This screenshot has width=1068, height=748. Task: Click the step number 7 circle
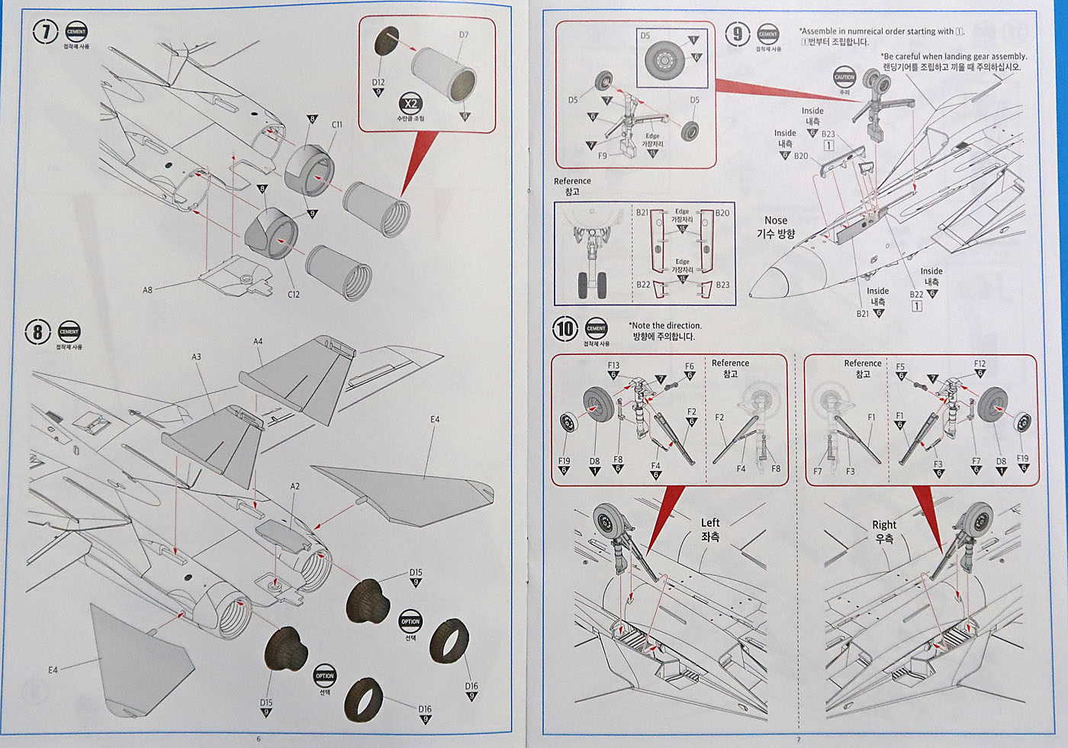click(46, 33)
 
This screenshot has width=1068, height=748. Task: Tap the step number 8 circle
click(38, 332)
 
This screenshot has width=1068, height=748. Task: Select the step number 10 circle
click(565, 329)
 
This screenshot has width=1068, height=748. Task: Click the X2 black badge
click(410, 104)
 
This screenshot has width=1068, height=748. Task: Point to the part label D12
click(378, 82)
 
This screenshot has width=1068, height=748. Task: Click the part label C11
click(336, 124)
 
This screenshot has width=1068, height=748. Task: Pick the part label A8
click(147, 290)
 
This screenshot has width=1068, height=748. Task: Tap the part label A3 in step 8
click(196, 356)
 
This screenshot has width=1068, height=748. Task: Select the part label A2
click(295, 486)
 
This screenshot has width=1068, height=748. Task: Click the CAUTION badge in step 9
click(844, 77)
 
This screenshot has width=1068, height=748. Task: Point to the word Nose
click(776, 220)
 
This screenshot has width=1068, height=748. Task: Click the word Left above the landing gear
click(710, 523)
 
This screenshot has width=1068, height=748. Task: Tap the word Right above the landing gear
click(884, 524)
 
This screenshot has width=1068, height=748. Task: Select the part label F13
click(613, 366)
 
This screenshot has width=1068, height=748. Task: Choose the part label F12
click(980, 364)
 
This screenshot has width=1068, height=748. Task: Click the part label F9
click(603, 156)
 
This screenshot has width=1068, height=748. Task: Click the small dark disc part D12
click(386, 43)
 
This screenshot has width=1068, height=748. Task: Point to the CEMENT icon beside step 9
click(768, 34)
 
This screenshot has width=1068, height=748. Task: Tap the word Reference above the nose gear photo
click(572, 181)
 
